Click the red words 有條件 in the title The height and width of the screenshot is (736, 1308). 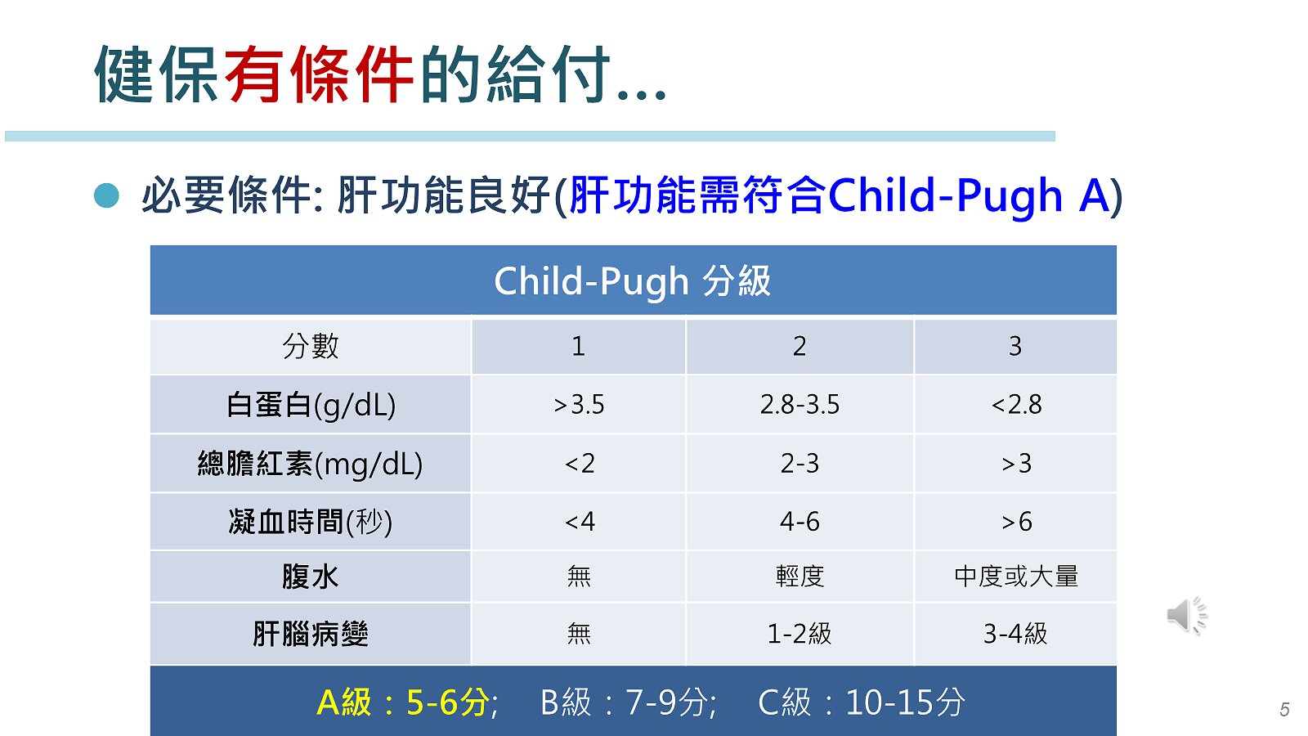click(x=319, y=74)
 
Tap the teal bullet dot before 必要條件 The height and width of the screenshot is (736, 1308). click(x=106, y=195)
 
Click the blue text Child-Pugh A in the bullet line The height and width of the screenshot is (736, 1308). click(x=969, y=195)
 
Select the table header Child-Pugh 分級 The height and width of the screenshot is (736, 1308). click(x=633, y=281)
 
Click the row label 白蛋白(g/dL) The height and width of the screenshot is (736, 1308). click(x=311, y=405)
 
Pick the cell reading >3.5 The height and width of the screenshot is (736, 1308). click(x=579, y=404)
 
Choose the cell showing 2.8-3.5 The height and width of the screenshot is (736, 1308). click(x=800, y=404)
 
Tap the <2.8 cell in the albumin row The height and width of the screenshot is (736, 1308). click(x=1016, y=404)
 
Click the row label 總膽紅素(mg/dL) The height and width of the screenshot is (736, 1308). click(x=310, y=464)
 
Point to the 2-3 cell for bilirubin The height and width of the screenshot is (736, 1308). click(x=800, y=464)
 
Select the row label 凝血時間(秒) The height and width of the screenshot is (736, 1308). click(x=310, y=522)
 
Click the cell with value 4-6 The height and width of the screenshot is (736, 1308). click(x=800, y=521)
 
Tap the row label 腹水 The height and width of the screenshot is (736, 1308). click(x=310, y=577)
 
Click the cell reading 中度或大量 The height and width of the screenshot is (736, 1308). click(x=1016, y=577)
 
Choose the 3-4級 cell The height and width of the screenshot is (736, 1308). click(x=1015, y=634)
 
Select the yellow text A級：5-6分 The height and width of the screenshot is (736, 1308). click(x=403, y=702)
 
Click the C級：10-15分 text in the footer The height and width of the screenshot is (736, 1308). click(x=862, y=702)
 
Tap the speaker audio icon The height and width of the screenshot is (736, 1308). click(x=1187, y=616)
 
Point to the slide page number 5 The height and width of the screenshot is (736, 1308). click(x=1284, y=709)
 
